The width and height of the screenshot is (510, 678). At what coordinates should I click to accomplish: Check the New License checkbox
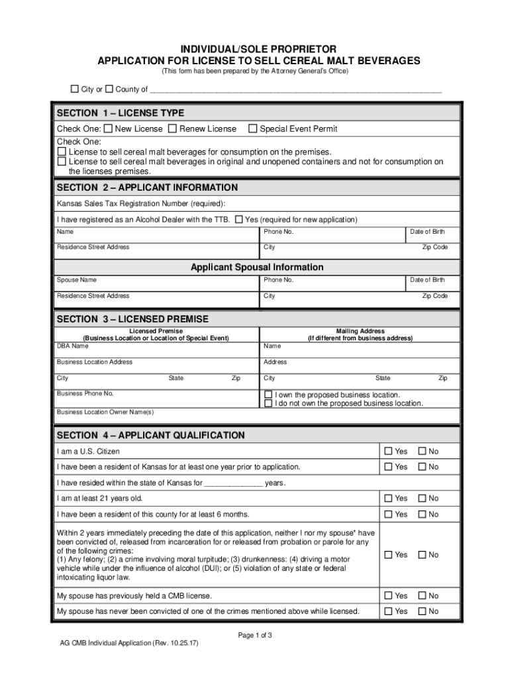[x=109, y=128]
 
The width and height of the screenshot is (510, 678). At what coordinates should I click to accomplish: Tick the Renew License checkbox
[x=173, y=128]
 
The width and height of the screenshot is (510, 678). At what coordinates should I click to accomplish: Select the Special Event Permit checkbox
[x=252, y=128]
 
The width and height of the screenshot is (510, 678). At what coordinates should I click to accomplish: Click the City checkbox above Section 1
[x=75, y=89]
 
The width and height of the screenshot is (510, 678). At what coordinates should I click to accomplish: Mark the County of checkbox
[x=109, y=89]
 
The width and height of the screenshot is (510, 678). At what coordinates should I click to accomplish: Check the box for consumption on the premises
[x=62, y=152]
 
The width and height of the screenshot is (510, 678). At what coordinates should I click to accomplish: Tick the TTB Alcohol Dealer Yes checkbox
[x=238, y=219]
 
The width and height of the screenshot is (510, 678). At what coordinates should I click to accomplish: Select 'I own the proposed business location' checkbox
[x=268, y=395]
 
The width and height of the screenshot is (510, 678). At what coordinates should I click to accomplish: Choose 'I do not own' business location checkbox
[x=268, y=403]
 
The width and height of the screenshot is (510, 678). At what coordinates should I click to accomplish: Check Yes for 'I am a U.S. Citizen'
[x=389, y=452]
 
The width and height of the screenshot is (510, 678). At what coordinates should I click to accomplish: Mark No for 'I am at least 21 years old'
[x=421, y=499]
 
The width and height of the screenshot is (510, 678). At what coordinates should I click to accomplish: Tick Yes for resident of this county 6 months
[x=389, y=514]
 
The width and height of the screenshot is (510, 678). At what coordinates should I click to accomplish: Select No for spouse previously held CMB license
[x=421, y=596]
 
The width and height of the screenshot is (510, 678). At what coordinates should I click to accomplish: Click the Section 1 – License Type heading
[x=121, y=113]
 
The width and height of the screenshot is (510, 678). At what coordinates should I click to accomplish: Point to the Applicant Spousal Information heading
[x=257, y=267]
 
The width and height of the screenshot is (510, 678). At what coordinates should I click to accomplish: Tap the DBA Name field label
[x=72, y=346]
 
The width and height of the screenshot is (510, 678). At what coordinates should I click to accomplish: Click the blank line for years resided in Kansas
[x=233, y=483]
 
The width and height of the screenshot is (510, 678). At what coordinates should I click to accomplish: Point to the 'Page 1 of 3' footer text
[x=255, y=636]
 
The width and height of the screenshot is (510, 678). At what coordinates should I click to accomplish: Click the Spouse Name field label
[x=77, y=280]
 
